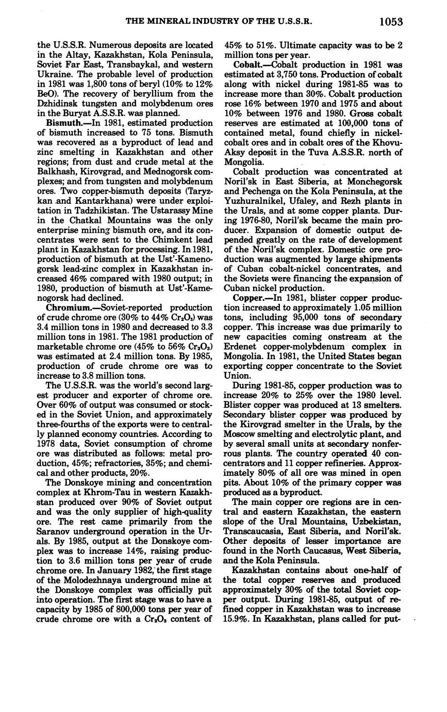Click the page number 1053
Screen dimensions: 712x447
click(390, 22)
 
